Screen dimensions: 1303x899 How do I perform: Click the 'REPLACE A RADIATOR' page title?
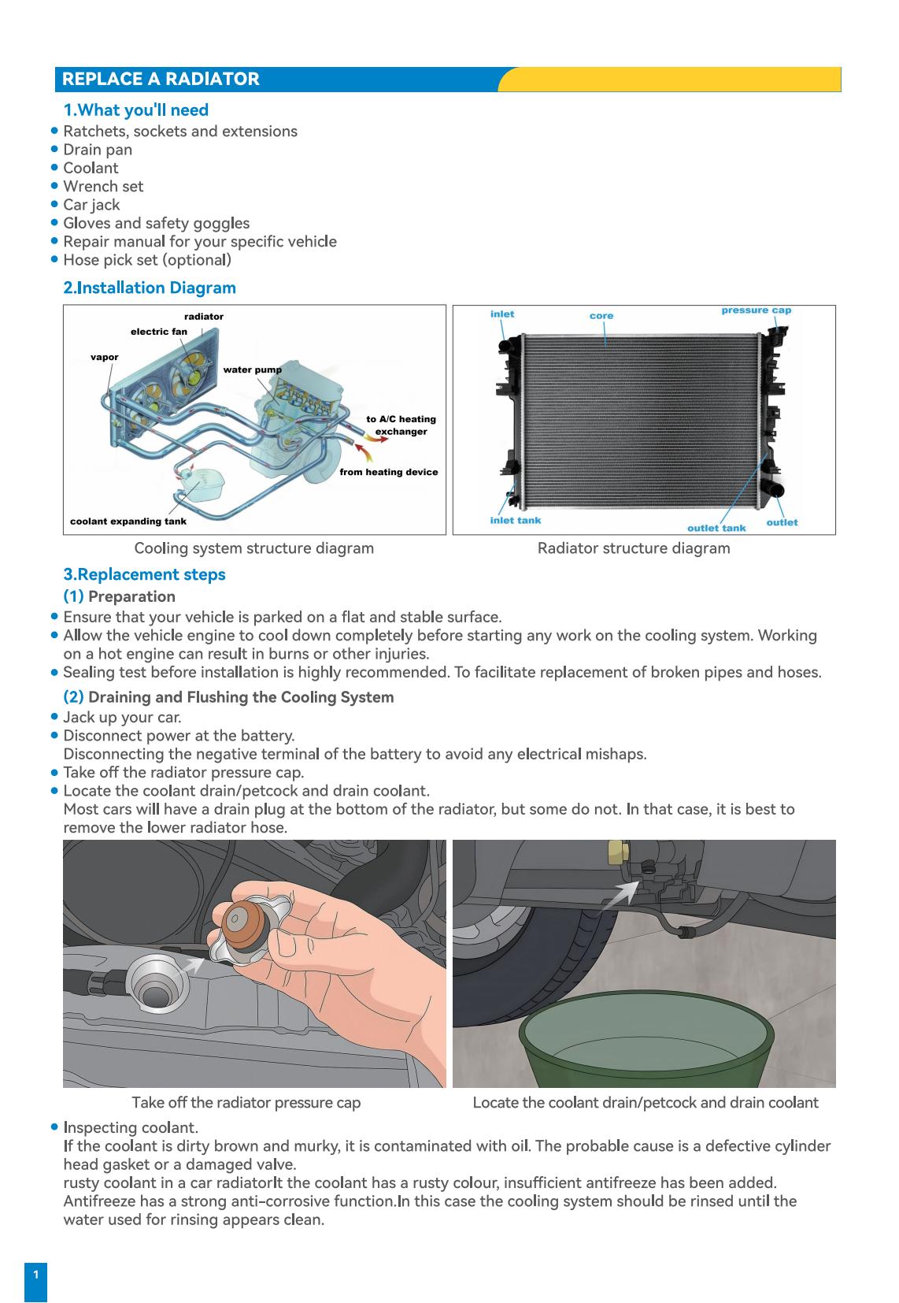[161, 80]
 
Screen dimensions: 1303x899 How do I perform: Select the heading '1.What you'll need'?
[135, 110]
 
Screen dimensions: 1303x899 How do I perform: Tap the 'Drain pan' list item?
[98, 150]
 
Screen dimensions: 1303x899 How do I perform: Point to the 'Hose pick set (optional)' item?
[147, 260]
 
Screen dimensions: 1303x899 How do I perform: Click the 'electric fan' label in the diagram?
[159, 332]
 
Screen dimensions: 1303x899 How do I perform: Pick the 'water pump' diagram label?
[252, 369]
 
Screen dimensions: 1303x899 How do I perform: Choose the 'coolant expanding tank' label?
[128, 522]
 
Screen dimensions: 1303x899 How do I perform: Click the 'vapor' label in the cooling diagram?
[105, 357]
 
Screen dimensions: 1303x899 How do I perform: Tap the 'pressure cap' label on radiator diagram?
[756, 310]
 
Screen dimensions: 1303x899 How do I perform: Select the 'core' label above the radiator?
[601, 316]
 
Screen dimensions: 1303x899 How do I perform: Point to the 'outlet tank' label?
[716, 528]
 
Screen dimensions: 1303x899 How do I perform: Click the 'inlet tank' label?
[516, 520]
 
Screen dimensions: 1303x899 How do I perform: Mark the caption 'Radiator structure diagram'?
[634, 548]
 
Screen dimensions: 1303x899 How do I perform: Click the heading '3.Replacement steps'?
[144, 574]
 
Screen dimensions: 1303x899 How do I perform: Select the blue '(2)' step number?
[73, 697]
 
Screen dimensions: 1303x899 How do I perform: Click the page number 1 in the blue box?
[35, 1274]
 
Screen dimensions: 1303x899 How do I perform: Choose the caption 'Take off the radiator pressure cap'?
[246, 1103]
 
